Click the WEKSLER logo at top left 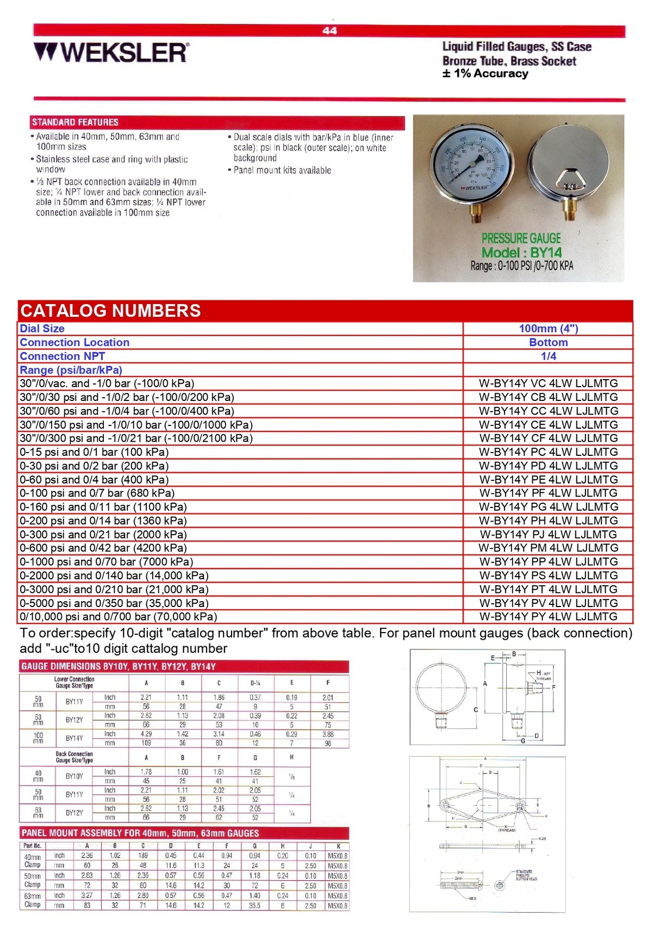[111, 53]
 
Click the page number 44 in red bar [329, 30]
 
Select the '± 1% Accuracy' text [485, 74]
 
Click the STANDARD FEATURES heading [75, 122]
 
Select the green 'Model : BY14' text [521, 252]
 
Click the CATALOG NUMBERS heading [111, 311]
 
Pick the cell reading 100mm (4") [548, 329]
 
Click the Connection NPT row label [63, 356]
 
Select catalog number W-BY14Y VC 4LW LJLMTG [548, 384]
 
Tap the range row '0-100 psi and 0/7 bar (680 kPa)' [97, 493]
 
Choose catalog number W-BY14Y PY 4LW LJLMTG [548, 617]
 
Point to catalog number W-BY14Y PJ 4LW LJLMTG [548, 535]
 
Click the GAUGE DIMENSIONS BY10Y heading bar [119, 666]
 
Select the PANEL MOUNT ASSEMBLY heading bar [140, 833]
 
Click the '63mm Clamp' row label [33, 900]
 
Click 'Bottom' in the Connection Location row [548, 343]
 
